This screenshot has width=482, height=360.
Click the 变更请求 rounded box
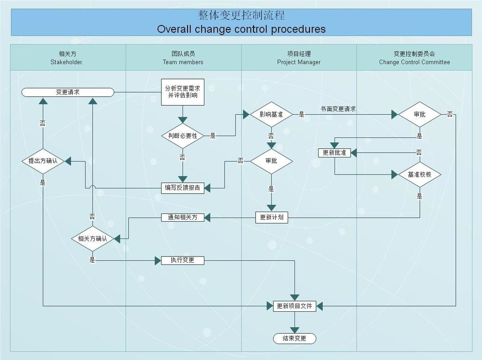[x=67, y=92]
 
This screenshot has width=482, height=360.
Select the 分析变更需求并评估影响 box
[x=182, y=92]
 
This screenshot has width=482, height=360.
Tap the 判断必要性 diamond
[x=183, y=136]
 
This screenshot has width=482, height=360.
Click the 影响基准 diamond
[x=271, y=115]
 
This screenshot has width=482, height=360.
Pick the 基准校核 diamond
[x=419, y=175]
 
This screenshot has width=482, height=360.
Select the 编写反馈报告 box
[x=183, y=188]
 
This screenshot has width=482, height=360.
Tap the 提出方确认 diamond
[x=43, y=161]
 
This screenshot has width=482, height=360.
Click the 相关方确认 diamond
[x=93, y=238]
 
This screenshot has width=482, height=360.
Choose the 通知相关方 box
[x=183, y=217]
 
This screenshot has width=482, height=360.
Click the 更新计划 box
[x=271, y=217]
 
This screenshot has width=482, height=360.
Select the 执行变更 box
[x=183, y=260]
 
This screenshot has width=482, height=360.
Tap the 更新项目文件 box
[x=294, y=306]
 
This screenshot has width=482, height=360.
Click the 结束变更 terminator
[x=294, y=338]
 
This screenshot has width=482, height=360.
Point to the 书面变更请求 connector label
[x=338, y=109]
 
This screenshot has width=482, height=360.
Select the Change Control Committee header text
[x=414, y=62]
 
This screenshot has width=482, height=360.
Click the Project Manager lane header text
[x=298, y=62]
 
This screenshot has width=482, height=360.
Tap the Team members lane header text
[x=183, y=62]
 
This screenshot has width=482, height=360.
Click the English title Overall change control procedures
[x=241, y=29]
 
